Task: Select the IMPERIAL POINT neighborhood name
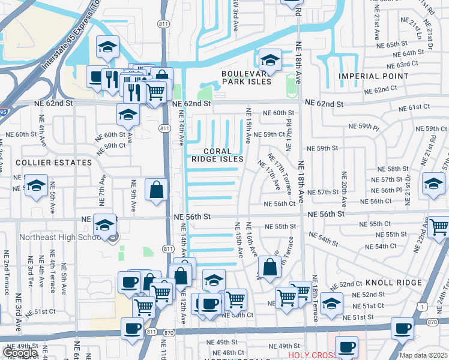point(373,76)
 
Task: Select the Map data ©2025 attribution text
point(423,355)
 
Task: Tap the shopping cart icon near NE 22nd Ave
point(439,227)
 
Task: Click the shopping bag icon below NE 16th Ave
point(270,267)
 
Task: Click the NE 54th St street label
point(324,239)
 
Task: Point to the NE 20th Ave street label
point(345,187)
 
